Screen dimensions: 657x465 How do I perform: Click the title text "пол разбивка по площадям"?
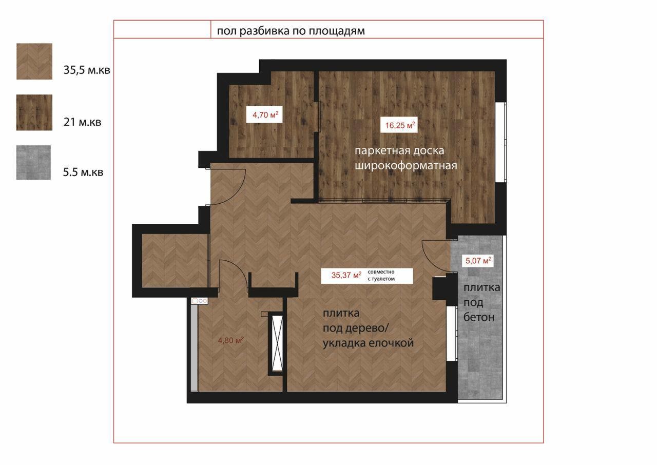pos(291,31)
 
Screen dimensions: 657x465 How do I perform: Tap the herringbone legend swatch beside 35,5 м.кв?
pos(34,61)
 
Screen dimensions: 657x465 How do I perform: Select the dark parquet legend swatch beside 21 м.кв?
pos(34,112)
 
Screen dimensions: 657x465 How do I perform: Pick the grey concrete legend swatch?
pos(33,162)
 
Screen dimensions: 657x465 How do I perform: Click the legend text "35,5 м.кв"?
pos(87,70)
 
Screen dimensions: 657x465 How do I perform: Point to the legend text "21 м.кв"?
pos(83,122)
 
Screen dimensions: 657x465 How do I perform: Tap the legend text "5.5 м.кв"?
pos(83,172)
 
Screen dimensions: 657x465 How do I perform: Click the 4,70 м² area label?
pos(265,114)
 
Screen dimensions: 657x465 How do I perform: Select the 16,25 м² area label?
pos(400,125)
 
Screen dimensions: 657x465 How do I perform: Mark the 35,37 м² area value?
pos(346,275)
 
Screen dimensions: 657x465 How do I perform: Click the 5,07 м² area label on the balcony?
pos(478,260)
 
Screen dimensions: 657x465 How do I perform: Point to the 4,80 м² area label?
pos(231,340)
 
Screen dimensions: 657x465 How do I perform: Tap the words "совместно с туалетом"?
pos(381,275)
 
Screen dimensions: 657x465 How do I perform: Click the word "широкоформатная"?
pos(406,166)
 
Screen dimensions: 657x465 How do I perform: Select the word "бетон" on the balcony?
pos(479,317)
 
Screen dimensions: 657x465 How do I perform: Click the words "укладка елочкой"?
pos(368,343)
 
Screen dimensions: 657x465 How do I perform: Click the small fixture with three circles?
pos(200,301)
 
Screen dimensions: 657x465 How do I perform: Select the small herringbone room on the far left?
pos(175,260)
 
